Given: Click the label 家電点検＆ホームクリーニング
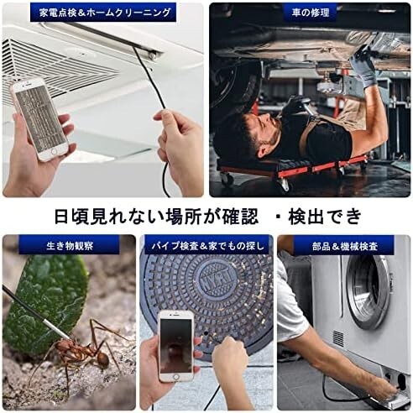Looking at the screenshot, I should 103,13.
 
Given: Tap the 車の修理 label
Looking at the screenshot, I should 307,13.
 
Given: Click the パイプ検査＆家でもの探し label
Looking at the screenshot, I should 206,245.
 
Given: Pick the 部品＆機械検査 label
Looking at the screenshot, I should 343,245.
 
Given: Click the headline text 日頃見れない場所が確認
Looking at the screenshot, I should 147,217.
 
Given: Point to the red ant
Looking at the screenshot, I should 84,353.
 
